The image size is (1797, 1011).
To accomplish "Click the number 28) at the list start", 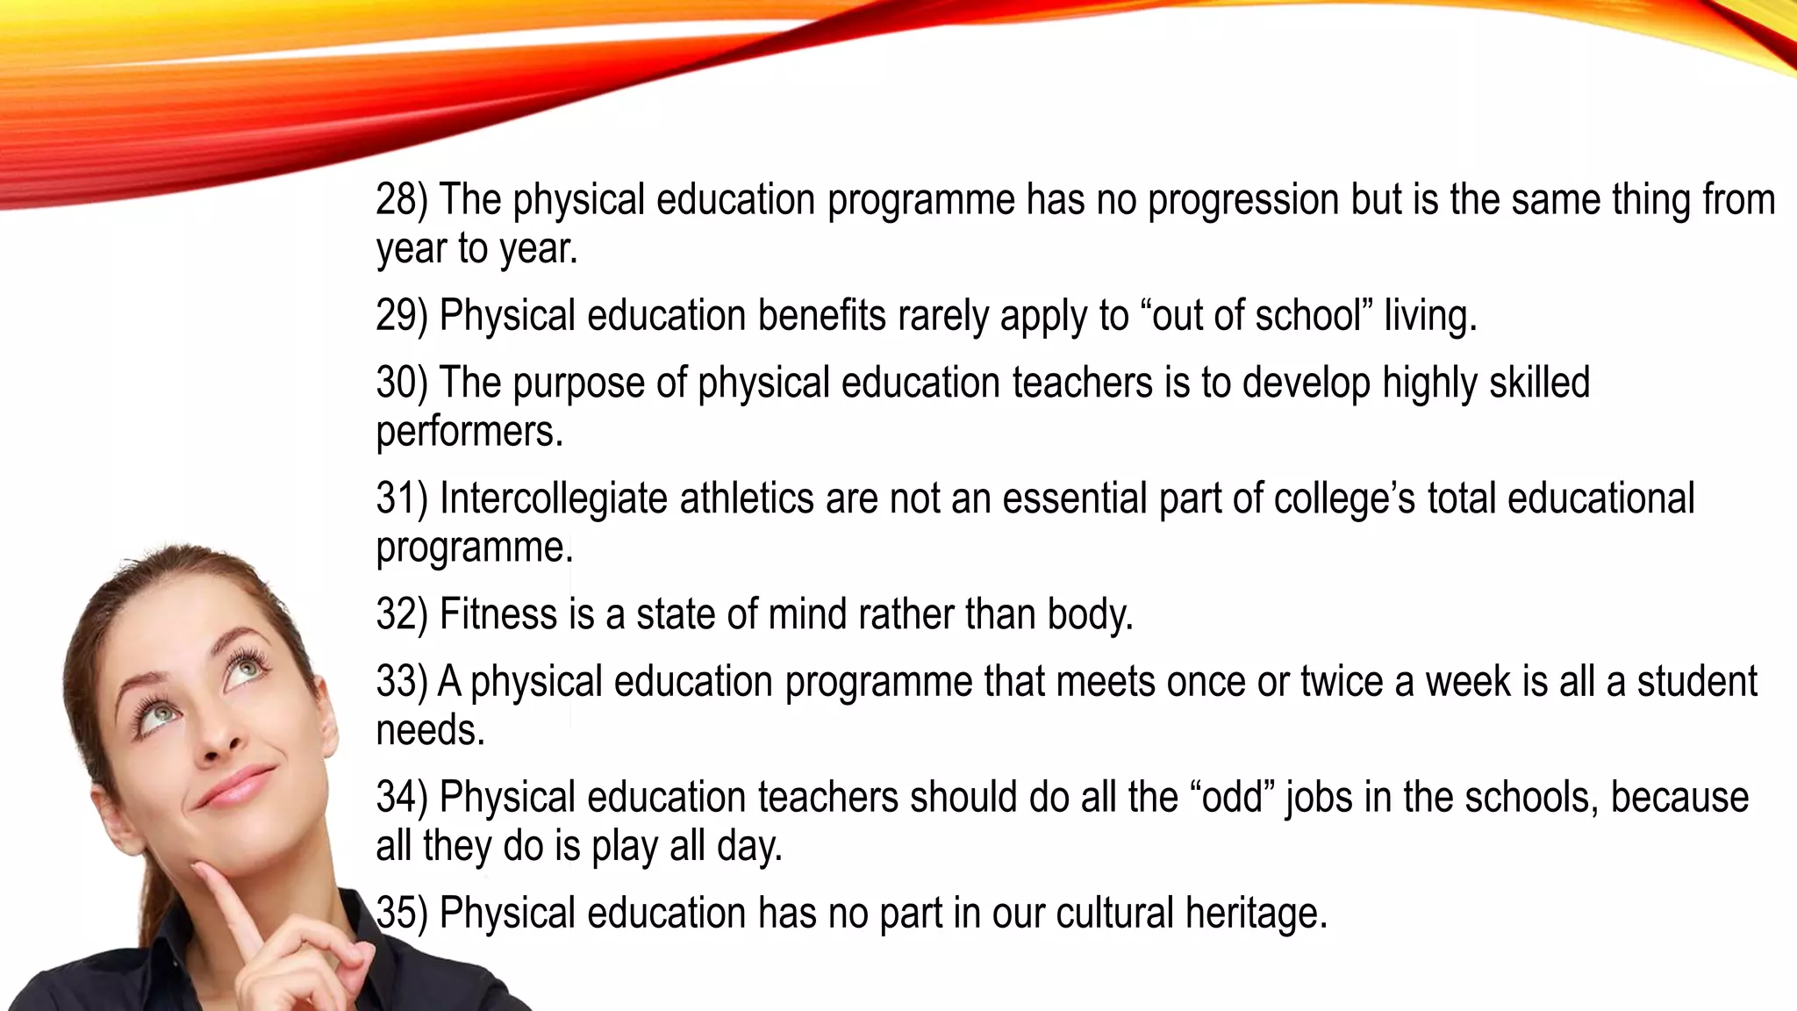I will click(x=401, y=200).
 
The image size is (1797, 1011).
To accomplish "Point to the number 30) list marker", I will click(x=401, y=384).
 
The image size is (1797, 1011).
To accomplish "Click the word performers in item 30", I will click(x=469, y=432).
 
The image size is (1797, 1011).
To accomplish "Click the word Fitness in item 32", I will click(x=498, y=614).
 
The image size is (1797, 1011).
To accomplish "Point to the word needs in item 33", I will click(x=430, y=730).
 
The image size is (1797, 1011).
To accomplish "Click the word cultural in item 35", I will click(x=1114, y=914).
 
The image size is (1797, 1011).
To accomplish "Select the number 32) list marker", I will click(x=401, y=614).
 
